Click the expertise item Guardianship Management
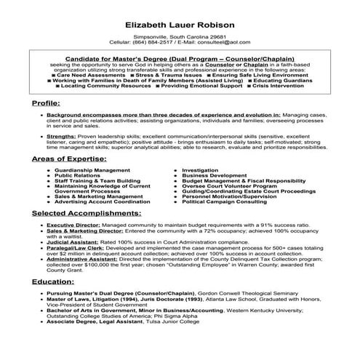[x=92, y=170]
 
